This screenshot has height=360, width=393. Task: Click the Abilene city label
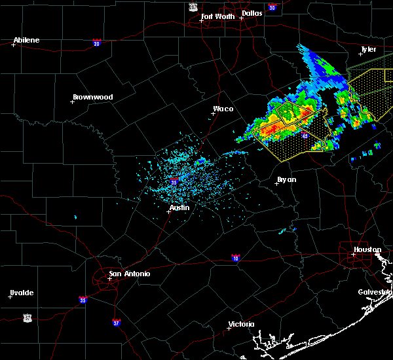[26, 40]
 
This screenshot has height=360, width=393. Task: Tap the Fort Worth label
[219, 16]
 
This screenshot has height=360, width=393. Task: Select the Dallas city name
[252, 12]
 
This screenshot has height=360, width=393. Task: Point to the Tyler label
[368, 49]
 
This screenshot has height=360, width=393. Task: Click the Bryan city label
[287, 179]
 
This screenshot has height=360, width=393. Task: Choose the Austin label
[179, 207]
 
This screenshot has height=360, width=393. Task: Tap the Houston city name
[367, 249]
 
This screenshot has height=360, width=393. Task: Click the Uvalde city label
[22, 292]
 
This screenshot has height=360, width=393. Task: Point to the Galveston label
[375, 292]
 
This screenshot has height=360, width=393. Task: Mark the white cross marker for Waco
[213, 113]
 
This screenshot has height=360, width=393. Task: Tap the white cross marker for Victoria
[229, 328]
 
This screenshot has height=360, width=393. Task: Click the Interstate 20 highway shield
[96, 43]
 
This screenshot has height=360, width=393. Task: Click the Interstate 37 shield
[116, 322]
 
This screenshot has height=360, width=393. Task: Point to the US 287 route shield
[193, 7]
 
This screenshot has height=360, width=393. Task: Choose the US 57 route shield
[27, 317]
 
